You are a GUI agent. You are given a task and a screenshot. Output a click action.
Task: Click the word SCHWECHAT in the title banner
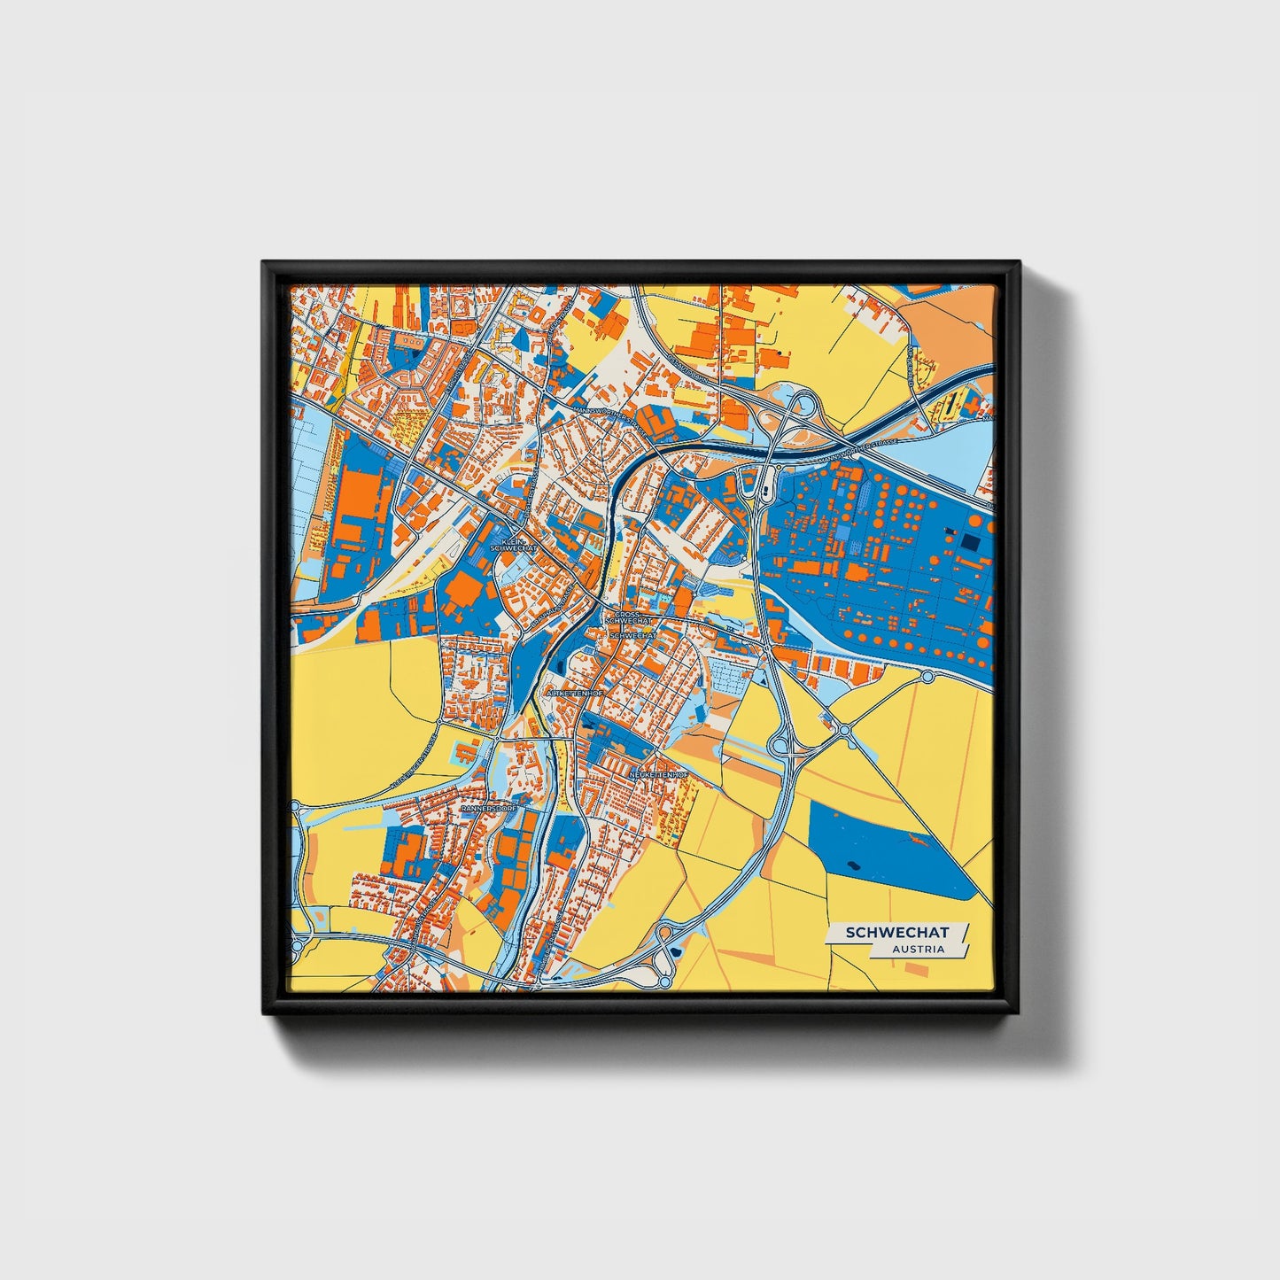pos(896,932)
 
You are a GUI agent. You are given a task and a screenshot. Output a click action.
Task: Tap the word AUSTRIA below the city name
pos(918,949)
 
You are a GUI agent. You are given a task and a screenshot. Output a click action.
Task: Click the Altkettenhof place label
pos(576,693)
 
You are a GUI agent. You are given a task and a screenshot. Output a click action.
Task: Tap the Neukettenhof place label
pos(658,775)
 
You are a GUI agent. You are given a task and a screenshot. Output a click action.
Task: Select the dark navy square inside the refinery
pos(971,541)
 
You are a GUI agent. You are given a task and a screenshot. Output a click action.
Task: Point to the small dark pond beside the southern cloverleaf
pos(677,951)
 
